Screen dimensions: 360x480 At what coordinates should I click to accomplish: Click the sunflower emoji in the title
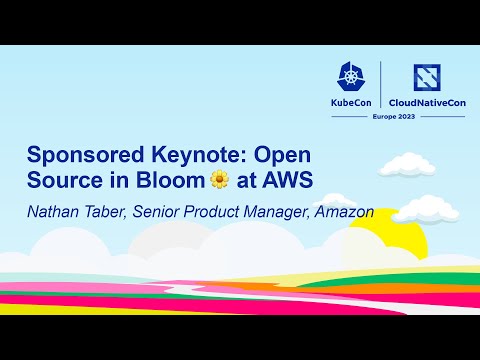[220, 180]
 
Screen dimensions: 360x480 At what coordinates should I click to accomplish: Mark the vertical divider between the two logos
[380, 88]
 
